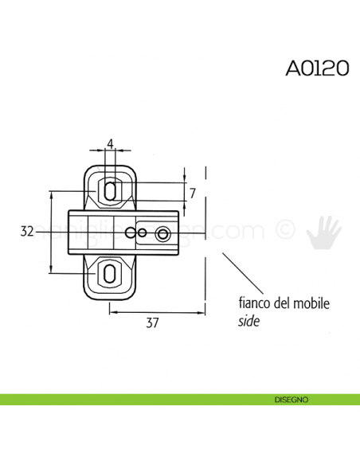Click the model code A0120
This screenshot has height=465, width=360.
(316, 68)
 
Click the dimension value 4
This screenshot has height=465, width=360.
(111, 143)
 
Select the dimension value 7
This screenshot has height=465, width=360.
(193, 192)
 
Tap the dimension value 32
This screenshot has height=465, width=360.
(28, 232)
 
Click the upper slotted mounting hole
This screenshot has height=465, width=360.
(111, 190)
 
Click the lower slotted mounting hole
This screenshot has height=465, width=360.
(110, 275)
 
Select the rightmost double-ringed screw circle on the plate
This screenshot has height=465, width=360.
(163, 233)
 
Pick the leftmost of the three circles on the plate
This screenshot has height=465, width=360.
(131, 233)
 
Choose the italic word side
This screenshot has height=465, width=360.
(248, 322)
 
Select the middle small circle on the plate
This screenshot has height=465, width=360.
(142, 233)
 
